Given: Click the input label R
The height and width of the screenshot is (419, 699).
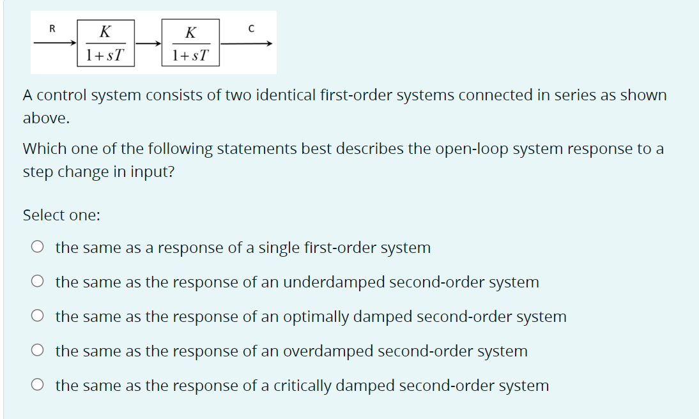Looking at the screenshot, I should tap(52, 28).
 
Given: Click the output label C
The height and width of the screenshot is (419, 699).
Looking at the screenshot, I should tap(252, 28).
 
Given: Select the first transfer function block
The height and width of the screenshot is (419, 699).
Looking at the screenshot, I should tap(106, 43).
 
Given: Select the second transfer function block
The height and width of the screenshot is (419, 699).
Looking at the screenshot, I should tap(190, 43).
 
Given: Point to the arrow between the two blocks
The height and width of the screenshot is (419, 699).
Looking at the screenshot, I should tap(148, 43).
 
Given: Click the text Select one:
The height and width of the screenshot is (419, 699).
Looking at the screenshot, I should tap(61, 215).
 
